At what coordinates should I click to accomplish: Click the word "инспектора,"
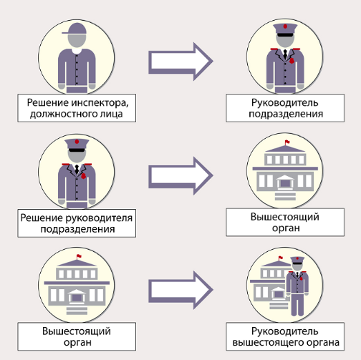100,103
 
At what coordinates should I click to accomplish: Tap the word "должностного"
62,114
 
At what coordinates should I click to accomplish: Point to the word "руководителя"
99,218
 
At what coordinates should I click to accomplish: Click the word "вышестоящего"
268,343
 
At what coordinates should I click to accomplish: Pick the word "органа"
323,343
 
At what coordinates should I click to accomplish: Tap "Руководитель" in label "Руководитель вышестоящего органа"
285,331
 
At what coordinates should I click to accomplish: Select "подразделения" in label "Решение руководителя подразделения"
77,229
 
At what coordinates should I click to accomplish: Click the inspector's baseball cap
75,29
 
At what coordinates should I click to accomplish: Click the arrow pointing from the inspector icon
180,62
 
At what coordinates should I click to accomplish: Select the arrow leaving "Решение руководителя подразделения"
180,176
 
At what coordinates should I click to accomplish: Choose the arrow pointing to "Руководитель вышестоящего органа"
180,290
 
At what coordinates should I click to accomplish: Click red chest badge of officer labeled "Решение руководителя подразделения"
83,176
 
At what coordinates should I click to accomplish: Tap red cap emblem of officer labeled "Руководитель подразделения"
285,26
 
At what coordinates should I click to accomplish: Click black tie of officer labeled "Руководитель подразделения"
285,54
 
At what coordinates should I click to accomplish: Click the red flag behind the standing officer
281,258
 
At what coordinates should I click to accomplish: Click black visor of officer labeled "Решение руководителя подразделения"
77,150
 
